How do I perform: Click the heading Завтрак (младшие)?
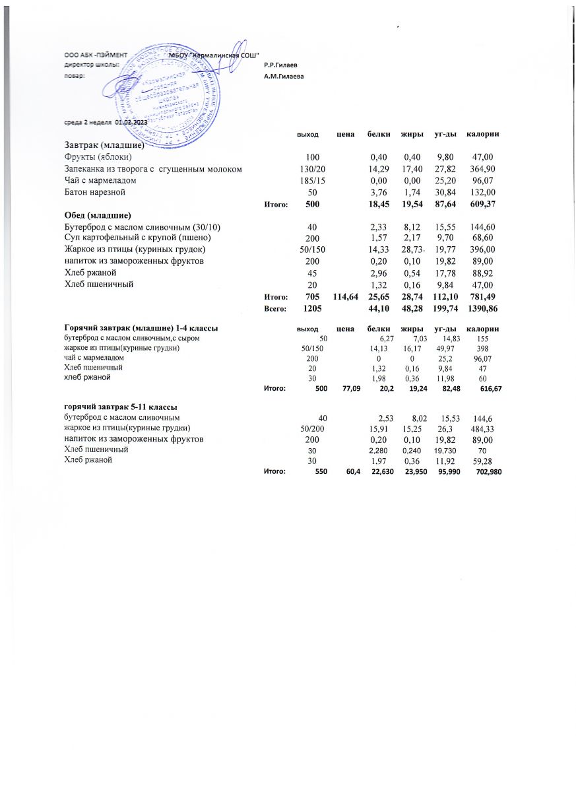pos(104,145)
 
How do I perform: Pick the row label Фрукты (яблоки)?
pos(98,157)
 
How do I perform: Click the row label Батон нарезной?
pos(94,193)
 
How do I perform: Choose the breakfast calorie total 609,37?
pos(480,205)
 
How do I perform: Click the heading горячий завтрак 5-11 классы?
pos(120,407)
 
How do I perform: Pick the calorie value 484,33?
pos(480,429)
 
